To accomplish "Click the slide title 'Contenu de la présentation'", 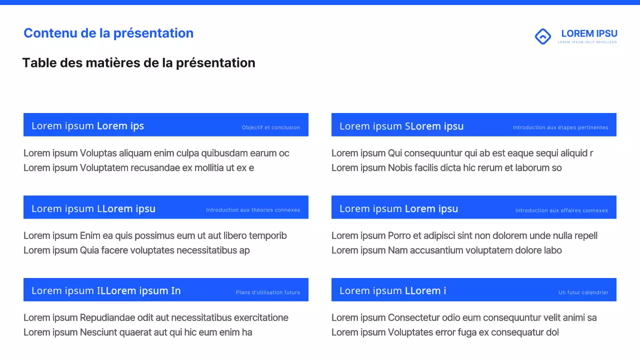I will pyautogui.click(x=108, y=33).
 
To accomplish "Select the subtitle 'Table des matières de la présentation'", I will pyautogui.click(x=138, y=63).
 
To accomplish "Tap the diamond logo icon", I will pyautogui.click(x=542, y=36).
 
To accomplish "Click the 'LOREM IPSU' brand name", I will pyautogui.click(x=589, y=33).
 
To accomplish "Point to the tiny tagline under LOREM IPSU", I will pyautogui.click(x=587, y=42).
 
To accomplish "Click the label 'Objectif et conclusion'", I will pyautogui.click(x=270, y=127).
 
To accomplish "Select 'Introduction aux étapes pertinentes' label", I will pyautogui.click(x=560, y=127).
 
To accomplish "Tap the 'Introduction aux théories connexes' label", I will pyautogui.click(x=253, y=210).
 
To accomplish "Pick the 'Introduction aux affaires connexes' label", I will pyautogui.click(x=561, y=210).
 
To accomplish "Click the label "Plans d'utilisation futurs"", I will pyautogui.click(x=267, y=292).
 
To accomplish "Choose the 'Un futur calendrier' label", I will pyautogui.click(x=583, y=292).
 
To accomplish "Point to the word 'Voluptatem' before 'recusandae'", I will pyautogui.click(x=104, y=167).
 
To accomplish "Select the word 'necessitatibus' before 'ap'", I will pyautogui.click(x=206, y=250).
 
